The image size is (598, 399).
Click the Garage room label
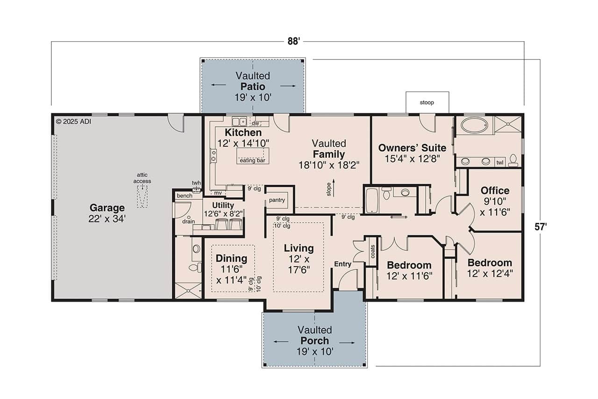point(107,208)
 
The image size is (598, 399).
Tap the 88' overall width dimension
point(293,41)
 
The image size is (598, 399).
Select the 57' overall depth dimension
point(540,226)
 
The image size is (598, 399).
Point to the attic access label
point(142,178)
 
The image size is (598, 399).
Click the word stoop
point(427,102)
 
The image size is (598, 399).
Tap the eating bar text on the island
point(252,160)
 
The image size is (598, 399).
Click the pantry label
point(277,200)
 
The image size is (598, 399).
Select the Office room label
point(495,190)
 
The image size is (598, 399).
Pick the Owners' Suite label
point(412,148)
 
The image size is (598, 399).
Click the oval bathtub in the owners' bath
point(474,125)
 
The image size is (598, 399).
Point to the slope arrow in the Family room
point(333,187)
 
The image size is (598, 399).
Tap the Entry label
point(342,264)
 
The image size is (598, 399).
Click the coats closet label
point(372,253)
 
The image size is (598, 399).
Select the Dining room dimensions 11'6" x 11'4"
point(232,275)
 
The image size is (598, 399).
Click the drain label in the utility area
point(188,221)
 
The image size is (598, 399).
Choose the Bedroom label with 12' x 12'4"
point(490,262)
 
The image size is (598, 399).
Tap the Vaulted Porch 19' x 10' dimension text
point(314,351)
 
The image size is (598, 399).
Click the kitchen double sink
point(239,122)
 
